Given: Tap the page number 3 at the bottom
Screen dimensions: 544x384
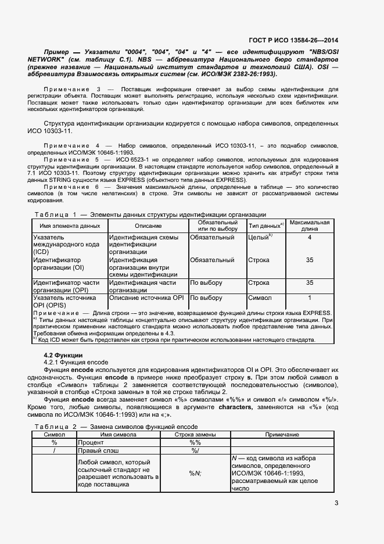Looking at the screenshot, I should pyautogui.click(x=336, y=504).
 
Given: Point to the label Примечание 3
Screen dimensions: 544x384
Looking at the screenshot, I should pyautogui.click(x=73, y=89).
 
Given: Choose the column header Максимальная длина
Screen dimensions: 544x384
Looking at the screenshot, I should pyautogui.click(x=309, y=226).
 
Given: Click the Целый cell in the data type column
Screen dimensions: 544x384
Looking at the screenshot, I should pyautogui.click(x=260, y=237).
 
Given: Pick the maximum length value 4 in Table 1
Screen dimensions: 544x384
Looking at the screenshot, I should pyautogui.click(x=309, y=237).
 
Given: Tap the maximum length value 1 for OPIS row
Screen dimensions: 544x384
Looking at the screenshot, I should pyautogui.click(x=309, y=298).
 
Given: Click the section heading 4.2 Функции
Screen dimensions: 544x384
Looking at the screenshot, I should pyautogui.click(x=63, y=355).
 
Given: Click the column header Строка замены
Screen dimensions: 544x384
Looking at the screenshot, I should pyautogui.click(x=195, y=435).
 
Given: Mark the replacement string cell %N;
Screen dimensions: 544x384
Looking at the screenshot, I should pyautogui.click(x=195, y=473).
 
